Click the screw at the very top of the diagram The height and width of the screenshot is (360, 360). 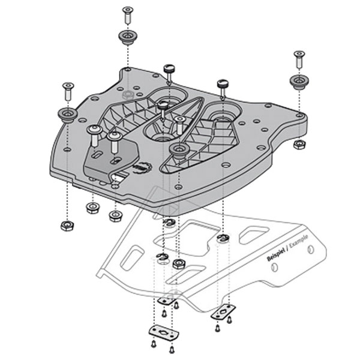click(x=127, y=14)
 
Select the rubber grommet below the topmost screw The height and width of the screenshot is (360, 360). click(x=127, y=38)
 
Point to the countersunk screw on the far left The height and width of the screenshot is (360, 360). click(x=68, y=91)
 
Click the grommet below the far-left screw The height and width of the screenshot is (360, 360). click(x=67, y=113)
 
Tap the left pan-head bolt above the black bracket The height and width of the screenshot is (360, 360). click(x=94, y=132)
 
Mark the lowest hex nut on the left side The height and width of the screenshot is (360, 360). click(x=67, y=226)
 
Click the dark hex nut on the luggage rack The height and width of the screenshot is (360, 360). click(x=178, y=263)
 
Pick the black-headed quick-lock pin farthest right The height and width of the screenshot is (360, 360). click(x=223, y=84)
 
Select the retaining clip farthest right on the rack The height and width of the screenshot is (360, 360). click(x=223, y=239)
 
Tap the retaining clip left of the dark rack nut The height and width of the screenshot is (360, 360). click(x=161, y=258)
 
